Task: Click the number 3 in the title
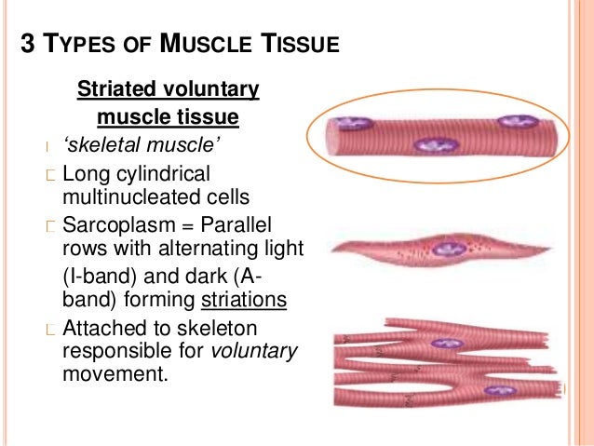pos(29,44)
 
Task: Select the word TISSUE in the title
pos(302,44)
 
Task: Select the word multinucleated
pos(124,196)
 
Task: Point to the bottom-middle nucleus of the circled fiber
pos(433,145)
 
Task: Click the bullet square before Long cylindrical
pos(52,174)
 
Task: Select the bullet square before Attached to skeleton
pos(52,330)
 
